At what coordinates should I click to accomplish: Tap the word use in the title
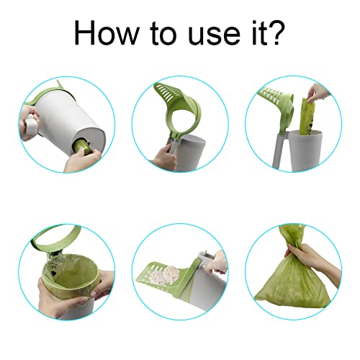pyautogui.click(x=214, y=35)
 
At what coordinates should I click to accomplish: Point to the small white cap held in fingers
pyautogui.click(x=31, y=125)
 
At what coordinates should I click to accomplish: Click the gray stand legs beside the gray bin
pyautogui.click(x=280, y=150)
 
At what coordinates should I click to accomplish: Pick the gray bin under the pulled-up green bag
pyautogui.click(x=303, y=150)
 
